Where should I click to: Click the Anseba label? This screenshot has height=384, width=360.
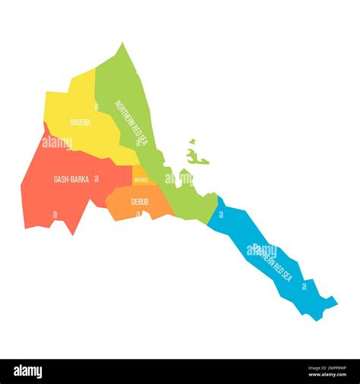[80, 121]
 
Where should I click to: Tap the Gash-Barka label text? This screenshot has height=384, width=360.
[71, 180]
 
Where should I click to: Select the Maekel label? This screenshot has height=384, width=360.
[141, 180]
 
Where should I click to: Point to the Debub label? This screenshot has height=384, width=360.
[139, 201]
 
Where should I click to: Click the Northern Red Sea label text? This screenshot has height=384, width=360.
[130, 124]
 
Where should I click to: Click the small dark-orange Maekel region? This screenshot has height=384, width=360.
[142, 176]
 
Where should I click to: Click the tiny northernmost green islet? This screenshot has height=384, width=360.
[192, 141]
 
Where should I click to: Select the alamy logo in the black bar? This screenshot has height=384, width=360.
[28, 372]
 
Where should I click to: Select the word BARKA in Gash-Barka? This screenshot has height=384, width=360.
[79, 180]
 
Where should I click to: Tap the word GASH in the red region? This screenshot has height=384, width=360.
[60, 180]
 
